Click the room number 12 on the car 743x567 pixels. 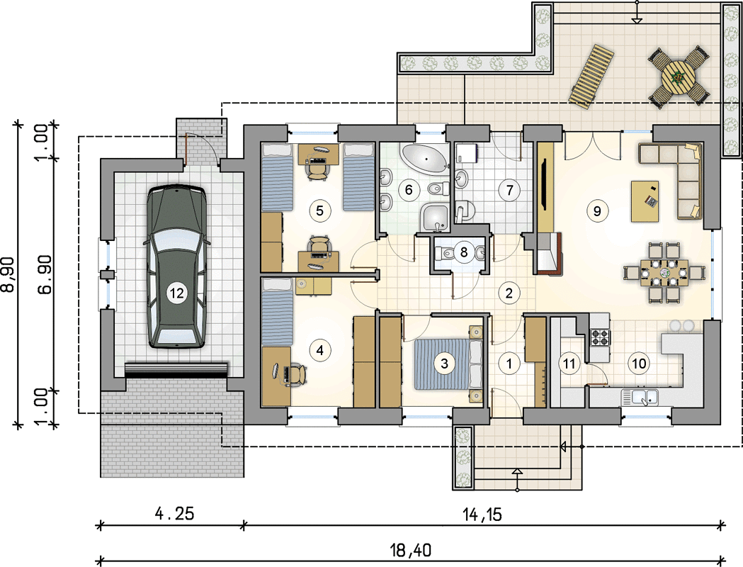176,293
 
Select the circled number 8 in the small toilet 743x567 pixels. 463,252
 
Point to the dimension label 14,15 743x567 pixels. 482,514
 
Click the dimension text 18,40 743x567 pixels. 411,550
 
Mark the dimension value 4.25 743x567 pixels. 175,513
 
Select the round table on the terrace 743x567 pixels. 679,78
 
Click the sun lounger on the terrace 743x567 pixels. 591,77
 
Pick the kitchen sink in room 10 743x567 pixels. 640,397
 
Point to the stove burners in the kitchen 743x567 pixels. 599,337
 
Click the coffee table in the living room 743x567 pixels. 645,201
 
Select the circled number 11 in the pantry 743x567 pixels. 569,364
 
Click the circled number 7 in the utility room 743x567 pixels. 509,190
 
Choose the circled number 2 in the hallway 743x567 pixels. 509,293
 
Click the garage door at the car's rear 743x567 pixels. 176,370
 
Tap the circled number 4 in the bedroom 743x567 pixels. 320,350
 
